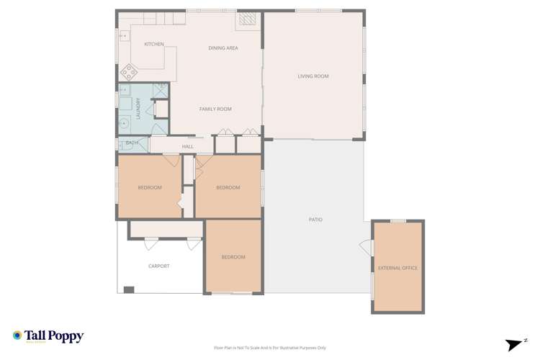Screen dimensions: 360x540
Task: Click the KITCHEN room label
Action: [x=154, y=45]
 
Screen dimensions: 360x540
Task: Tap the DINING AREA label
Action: [x=223, y=48]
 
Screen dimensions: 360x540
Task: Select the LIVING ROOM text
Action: [x=313, y=76]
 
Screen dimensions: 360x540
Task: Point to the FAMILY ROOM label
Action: [x=215, y=109]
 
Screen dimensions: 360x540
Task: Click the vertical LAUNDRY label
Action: [x=138, y=108]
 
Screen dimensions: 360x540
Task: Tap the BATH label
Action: [x=132, y=143]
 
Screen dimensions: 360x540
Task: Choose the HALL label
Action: [x=188, y=147]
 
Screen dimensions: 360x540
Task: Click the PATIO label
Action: [x=315, y=220]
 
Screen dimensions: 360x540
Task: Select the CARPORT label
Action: [x=159, y=266]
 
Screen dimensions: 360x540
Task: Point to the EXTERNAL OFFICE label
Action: [x=397, y=268]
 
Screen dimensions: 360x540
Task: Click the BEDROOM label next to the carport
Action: [x=233, y=257]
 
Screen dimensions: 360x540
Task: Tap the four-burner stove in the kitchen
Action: [x=129, y=71]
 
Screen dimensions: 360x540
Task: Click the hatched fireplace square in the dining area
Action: [x=247, y=19]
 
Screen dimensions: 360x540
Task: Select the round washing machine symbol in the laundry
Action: [x=124, y=124]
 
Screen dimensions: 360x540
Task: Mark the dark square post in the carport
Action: [x=129, y=289]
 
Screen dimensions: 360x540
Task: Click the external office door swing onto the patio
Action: [x=367, y=248]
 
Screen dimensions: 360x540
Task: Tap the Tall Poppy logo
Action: [x=48, y=336]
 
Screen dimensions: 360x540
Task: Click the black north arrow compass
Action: [x=516, y=345]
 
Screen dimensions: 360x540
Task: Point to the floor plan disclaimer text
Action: [x=270, y=348]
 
